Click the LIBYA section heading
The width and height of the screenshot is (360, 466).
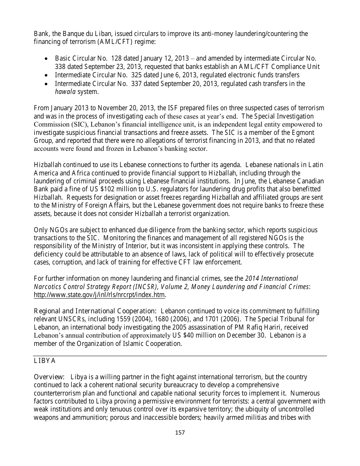[45, 361]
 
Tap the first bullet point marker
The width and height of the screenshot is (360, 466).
[46, 59]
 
